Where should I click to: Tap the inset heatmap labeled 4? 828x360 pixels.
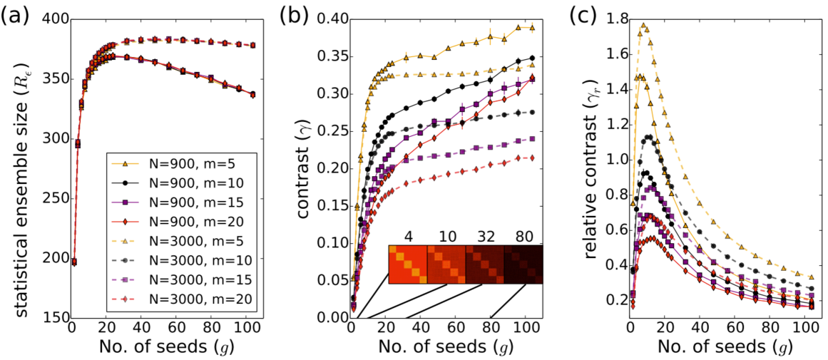point(407,264)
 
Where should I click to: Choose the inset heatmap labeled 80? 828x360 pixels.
point(523,264)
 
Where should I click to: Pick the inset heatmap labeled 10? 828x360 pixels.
point(446,264)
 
